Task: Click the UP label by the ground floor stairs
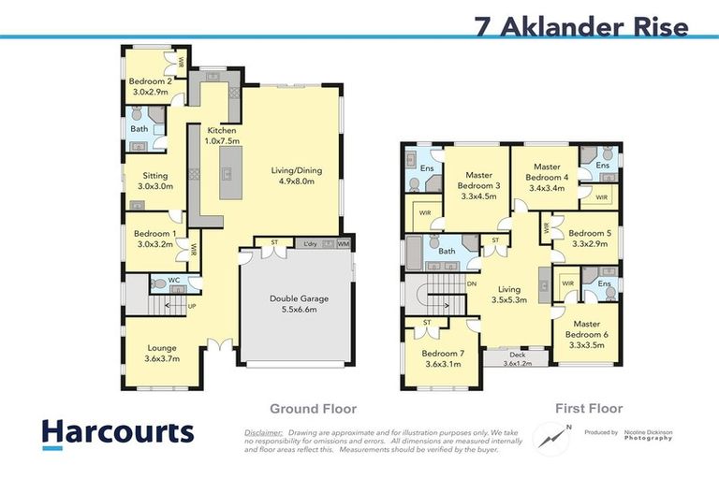coord(193,305)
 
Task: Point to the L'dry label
coord(311,245)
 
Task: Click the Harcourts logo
coord(118,432)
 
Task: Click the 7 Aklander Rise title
coord(581,25)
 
